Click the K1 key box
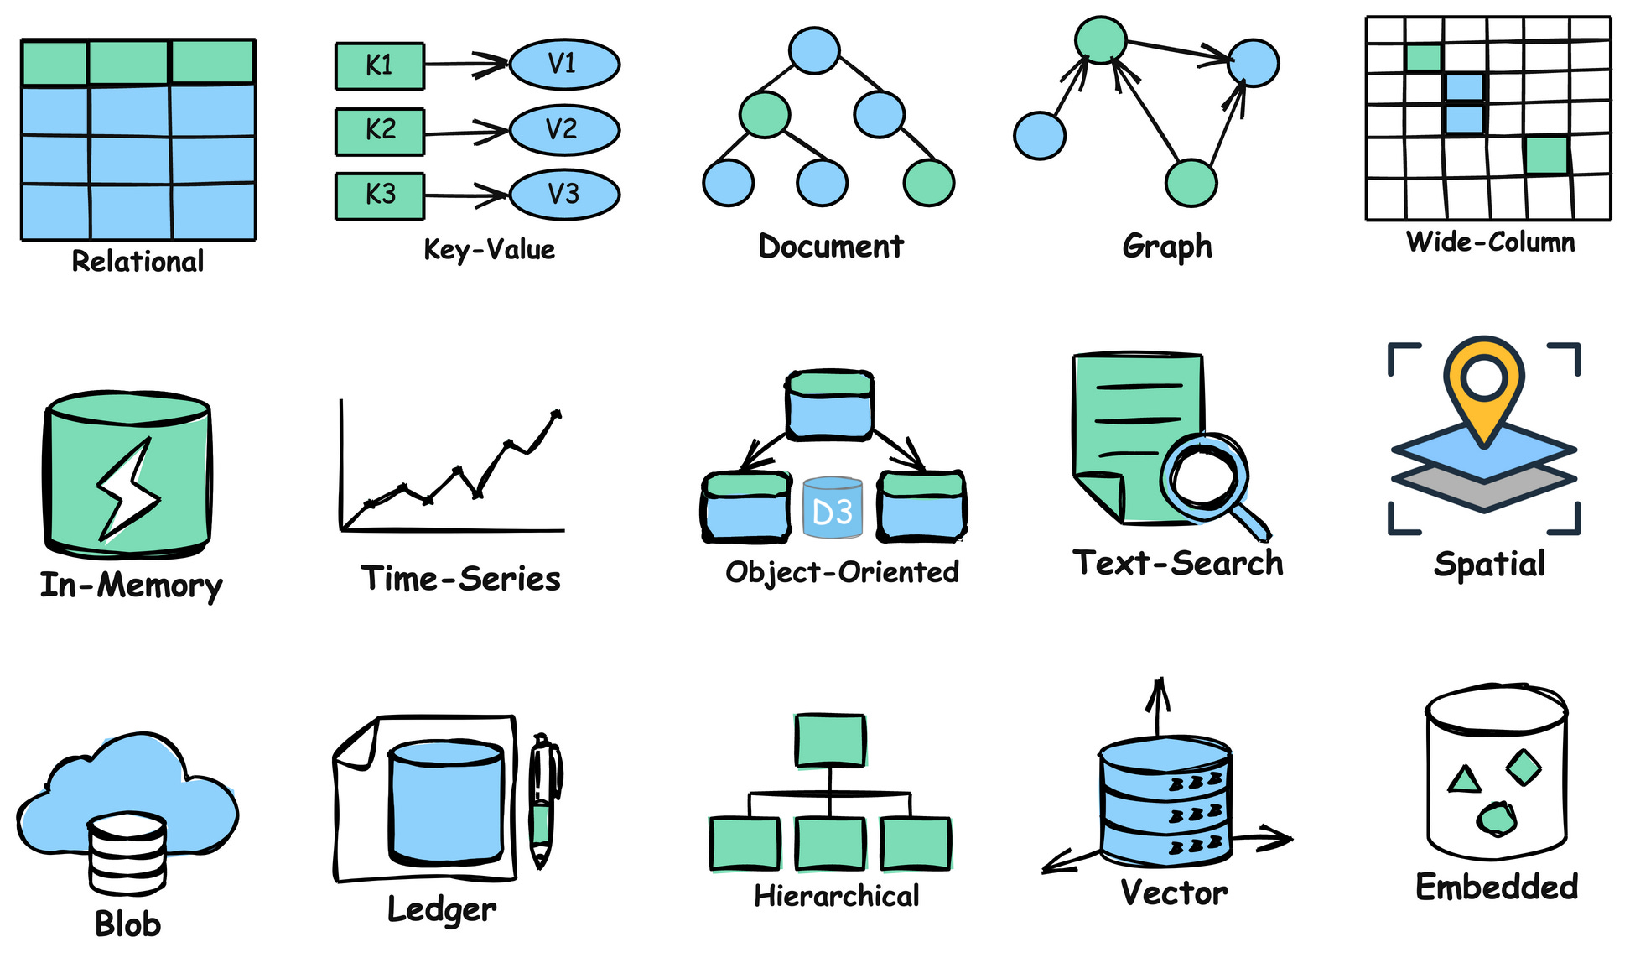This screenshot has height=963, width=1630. click(x=379, y=65)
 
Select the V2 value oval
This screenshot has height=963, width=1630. click(x=563, y=130)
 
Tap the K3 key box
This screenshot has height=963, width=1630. click(x=379, y=195)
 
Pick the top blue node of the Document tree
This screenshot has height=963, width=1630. click(x=813, y=50)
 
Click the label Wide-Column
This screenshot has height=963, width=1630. click(x=1490, y=242)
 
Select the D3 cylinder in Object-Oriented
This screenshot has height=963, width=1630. click(x=832, y=508)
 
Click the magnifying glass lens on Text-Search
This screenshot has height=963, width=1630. click(x=1205, y=476)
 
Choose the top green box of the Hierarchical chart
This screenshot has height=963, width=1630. click(x=829, y=740)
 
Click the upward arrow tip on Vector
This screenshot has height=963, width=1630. click(x=1159, y=686)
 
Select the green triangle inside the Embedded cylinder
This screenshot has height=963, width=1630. click(x=1464, y=780)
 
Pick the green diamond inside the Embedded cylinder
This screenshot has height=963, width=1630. click(x=1524, y=766)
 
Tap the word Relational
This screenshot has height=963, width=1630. click(x=138, y=262)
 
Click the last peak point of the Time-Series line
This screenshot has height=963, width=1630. click(x=556, y=414)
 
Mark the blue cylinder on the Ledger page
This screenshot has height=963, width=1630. click(x=445, y=801)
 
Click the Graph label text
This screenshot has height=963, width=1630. click(x=1166, y=247)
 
